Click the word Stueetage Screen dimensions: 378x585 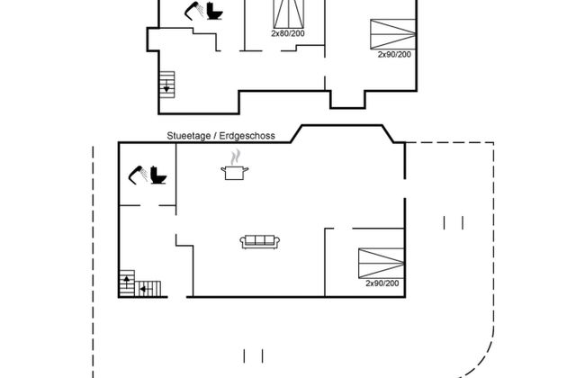187,136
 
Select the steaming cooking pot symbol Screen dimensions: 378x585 236,171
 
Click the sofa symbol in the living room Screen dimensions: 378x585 261,241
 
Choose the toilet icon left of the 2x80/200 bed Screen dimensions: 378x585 214,12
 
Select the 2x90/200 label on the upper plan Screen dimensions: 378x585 394,54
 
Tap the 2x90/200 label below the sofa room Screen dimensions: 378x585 382,283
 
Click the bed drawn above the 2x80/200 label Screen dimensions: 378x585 288,13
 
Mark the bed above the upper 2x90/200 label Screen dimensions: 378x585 393,32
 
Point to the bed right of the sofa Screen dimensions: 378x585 381,261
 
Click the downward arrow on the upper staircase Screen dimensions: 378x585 166,88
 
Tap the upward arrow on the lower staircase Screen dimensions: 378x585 126,283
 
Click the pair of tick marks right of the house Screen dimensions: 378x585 453,221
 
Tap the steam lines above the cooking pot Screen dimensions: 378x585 236,158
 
